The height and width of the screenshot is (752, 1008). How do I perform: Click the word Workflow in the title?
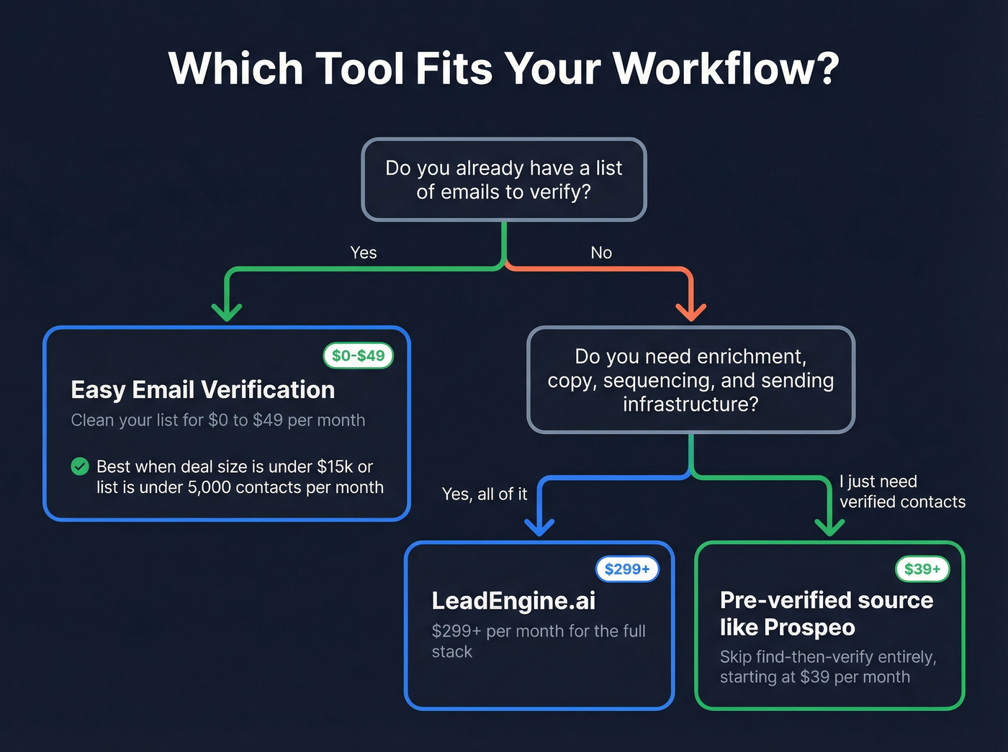[725, 69]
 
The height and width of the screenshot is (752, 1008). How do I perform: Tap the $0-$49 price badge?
[358, 355]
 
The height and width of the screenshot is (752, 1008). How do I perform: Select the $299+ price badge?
[627, 569]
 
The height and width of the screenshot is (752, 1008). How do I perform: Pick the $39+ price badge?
[922, 569]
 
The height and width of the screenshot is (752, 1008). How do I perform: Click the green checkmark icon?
[80, 466]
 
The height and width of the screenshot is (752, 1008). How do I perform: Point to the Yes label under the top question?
[364, 253]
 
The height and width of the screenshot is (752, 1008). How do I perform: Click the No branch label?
[601, 253]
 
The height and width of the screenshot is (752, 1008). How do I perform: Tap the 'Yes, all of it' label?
[485, 494]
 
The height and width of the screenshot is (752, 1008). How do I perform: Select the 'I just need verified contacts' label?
[902, 491]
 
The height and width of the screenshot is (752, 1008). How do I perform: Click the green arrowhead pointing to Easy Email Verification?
[227, 312]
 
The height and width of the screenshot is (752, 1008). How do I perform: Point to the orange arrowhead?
[691, 312]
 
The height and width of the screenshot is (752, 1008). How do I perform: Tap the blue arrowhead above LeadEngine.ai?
[539, 527]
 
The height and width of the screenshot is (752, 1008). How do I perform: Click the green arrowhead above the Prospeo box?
[830, 527]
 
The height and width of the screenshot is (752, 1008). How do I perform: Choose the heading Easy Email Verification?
[203, 390]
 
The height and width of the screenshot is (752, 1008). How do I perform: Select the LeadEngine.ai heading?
[513, 601]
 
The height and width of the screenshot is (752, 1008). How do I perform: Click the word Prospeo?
[809, 628]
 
